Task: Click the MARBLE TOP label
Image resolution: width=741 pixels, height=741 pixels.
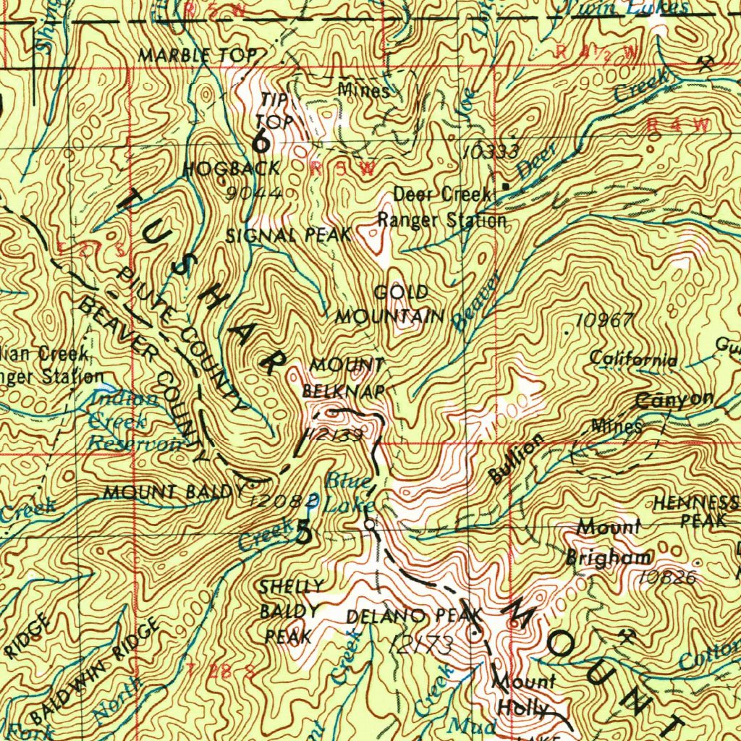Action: (198, 55)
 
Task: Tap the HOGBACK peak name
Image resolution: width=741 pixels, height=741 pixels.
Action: (231, 169)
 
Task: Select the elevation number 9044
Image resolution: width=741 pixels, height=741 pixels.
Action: (253, 192)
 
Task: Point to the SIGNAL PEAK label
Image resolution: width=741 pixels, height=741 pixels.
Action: (288, 234)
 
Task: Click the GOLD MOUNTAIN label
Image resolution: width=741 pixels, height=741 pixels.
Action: (391, 305)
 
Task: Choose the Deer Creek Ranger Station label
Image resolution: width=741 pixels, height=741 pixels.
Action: (442, 208)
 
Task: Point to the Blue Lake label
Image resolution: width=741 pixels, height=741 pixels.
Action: (349, 492)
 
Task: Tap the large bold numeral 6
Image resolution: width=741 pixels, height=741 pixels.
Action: (261, 142)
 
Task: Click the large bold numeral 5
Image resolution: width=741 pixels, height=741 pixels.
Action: (305, 532)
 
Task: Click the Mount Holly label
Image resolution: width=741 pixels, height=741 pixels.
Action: (523, 694)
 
